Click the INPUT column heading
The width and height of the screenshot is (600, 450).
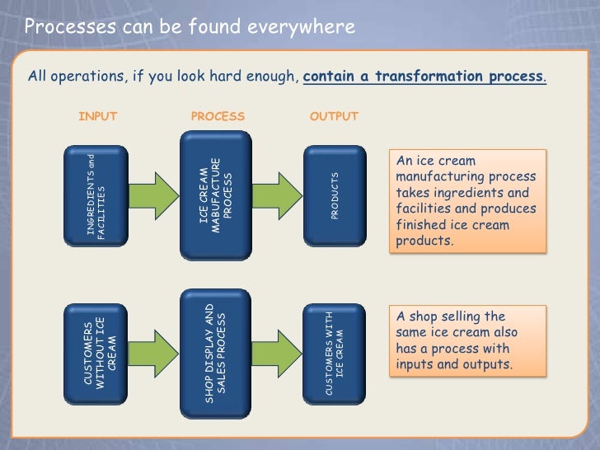coord(97,116)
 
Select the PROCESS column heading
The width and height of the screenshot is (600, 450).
coord(218,116)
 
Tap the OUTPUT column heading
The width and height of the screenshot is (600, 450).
coord(334,116)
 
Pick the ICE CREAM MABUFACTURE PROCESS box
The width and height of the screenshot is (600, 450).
coord(217,191)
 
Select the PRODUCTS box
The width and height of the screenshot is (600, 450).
coord(335,196)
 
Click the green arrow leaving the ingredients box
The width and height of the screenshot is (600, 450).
coord(153,195)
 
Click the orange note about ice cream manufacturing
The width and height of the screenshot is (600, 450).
coord(466,200)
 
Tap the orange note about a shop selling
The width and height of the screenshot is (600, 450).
coord(466,340)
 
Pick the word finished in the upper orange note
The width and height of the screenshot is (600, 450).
coord(420,225)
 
